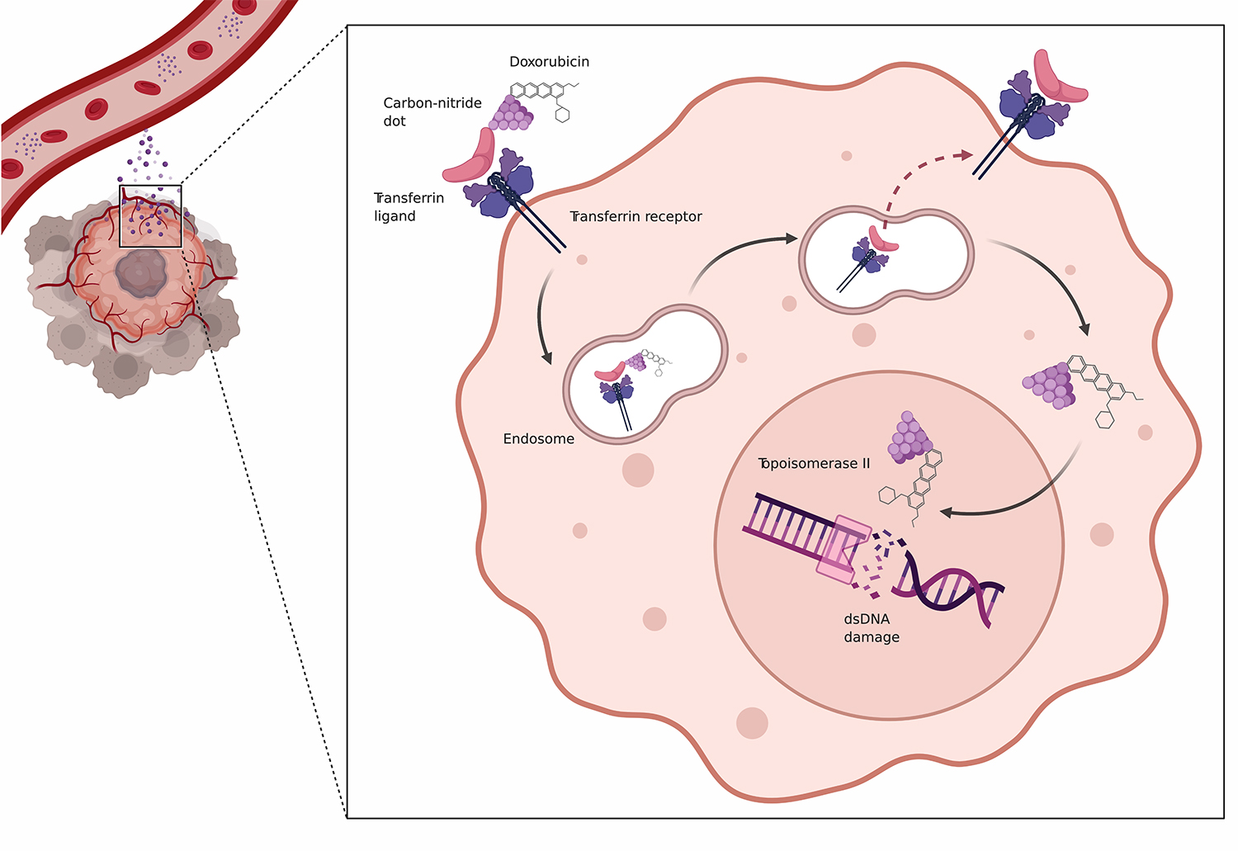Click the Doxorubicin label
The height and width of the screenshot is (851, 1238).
[x=549, y=62]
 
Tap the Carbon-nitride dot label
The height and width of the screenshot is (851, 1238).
[x=432, y=111]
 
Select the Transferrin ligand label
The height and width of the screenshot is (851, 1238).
[x=409, y=207]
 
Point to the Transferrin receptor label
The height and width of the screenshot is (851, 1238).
[x=636, y=216]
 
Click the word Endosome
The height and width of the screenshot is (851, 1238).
[x=538, y=439]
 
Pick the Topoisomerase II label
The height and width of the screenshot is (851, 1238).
[x=814, y=464]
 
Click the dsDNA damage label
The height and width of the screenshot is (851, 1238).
[x=871, y=628]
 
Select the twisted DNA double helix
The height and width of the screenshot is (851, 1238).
[x=949, y=590]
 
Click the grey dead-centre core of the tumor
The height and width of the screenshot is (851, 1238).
[x=141, y=273]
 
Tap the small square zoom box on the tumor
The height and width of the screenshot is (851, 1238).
[x=150, y=216]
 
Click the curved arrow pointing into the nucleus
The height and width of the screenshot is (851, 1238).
[x=1023, y=499]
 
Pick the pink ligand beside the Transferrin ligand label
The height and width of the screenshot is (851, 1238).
[x=470, y=159]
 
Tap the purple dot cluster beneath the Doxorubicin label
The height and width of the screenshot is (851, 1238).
[x=512, y=114]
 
